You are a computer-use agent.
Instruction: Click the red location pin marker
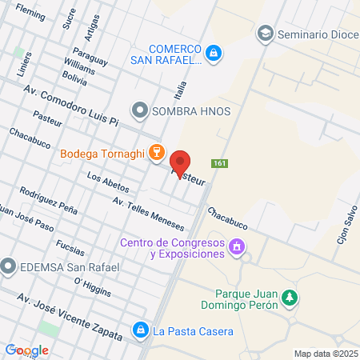182,163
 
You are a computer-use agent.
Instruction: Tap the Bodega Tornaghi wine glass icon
155,152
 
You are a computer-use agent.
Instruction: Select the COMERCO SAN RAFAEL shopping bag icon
213,54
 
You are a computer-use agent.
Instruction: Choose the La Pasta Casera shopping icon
141,330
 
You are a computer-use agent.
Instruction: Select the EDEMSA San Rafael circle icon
10,266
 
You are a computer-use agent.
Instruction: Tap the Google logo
27,350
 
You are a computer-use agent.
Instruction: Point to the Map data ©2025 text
324,353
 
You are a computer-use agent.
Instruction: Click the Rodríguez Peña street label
50,199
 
